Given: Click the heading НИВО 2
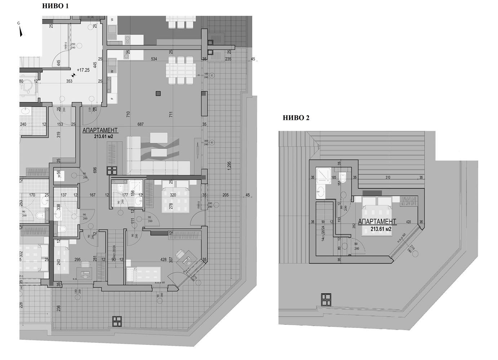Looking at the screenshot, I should [296, 118].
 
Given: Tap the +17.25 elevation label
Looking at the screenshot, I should [83, 70].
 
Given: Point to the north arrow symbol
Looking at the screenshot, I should [21, 32].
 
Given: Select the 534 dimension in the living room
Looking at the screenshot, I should [154, 59].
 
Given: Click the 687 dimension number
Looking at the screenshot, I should [141, 124].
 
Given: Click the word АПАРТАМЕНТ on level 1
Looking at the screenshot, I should [100, 131].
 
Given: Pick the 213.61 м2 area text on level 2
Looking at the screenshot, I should [381, 229].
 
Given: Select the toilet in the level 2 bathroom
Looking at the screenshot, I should [343, 177].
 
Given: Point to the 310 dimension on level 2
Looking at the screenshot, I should [388, 177].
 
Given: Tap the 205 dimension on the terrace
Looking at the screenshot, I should [226, 195].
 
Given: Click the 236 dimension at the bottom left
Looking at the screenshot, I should [58, 308].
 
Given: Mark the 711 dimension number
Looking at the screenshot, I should [171, 114].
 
